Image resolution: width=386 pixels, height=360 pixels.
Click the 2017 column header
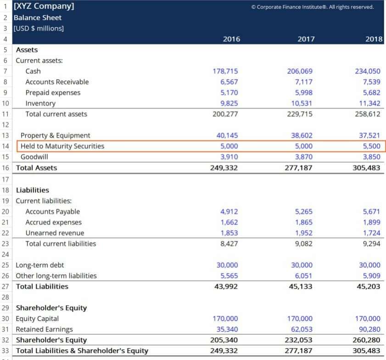[306, 39]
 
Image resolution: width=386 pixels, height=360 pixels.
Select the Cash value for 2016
[225, 71]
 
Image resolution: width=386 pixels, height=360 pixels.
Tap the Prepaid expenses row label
[53, 93]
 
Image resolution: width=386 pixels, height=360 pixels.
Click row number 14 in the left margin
[6, 146]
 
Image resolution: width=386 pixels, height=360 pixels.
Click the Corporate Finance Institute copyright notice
[313, 7]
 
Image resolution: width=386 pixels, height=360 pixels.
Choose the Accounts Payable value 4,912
[229, 212]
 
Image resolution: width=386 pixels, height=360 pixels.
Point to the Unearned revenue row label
[55, 233]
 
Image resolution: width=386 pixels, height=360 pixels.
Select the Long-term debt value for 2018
[369, 265]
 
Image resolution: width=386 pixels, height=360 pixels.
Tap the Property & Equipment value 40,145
[227, 135]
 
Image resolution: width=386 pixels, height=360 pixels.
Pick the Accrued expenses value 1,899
[371, 222]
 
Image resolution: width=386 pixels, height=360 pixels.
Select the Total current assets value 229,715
[300, 114]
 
